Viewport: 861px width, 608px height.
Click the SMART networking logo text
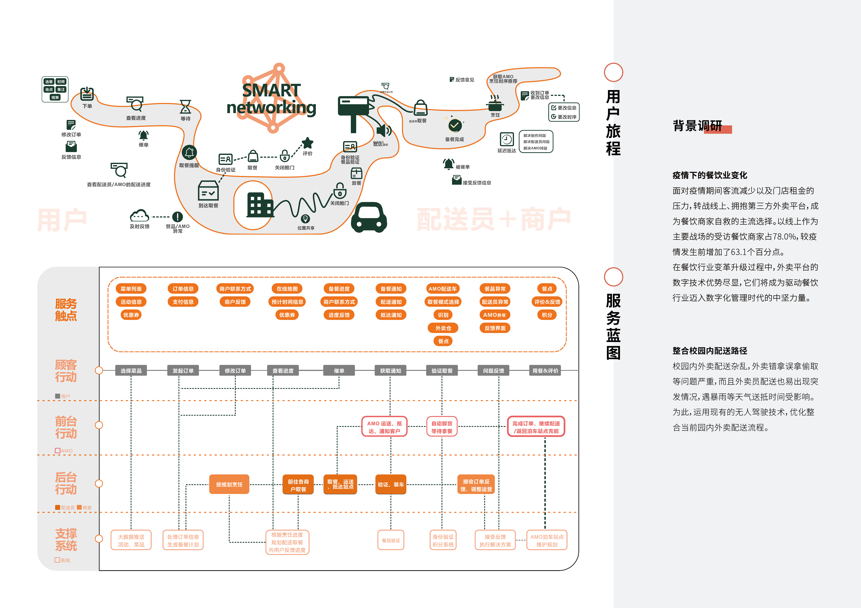click(x=271, y=99)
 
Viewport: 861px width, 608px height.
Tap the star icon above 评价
click(x=308, y=143)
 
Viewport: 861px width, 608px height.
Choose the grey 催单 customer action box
click(x=339, y=370)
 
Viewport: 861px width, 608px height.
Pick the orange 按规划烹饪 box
click(x=229, y=484)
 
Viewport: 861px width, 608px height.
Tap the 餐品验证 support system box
click(x=391, y=540)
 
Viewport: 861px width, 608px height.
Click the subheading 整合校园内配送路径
click(x=710, y=351)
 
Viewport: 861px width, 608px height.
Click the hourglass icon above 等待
click(x=185, y=107)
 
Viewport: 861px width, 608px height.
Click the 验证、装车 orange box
click(x=391, y=484)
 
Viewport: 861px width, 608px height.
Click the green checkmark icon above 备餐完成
click(x=455, y=126)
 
